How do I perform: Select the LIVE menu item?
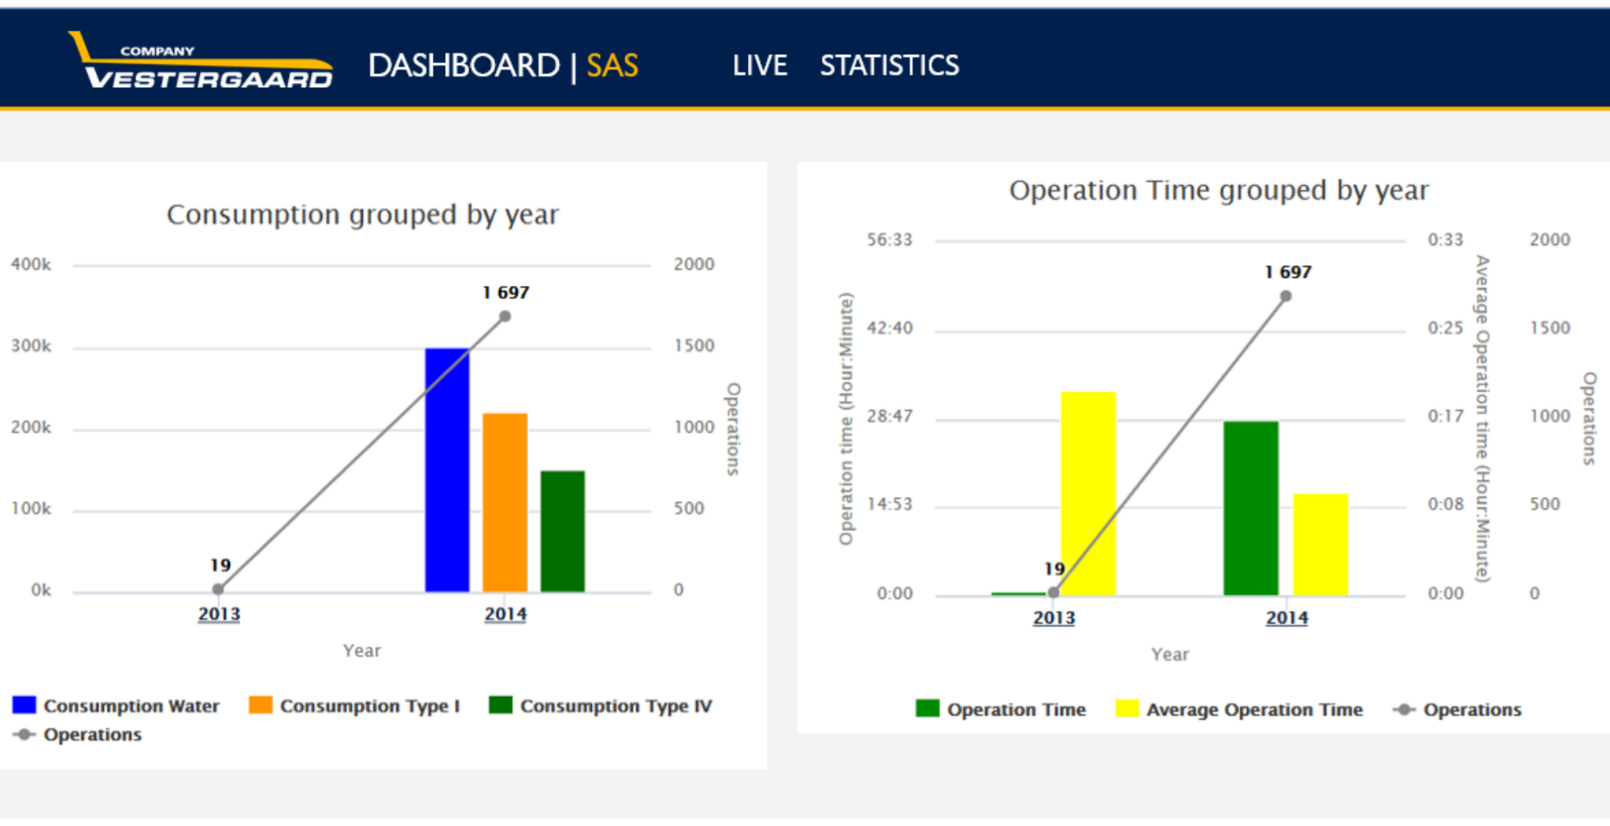click(x=759, y=65)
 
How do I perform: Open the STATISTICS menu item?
click(x=889, y=65)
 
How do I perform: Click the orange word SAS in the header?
click(x=612, y=65)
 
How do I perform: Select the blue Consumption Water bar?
click(x=447, y=471)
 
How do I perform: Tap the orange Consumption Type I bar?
click(x=505, y=503)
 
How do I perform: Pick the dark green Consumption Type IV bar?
click(x=562, y=531)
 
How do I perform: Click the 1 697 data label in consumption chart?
click(x=506, y=292)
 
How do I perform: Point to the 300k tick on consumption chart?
click(x=31, y=346)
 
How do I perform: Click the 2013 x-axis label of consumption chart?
click(x=219, y=614)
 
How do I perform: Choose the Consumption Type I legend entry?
click(x=355, y=706)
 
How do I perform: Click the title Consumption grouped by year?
click(x=362, y=215)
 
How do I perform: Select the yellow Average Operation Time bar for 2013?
click(x=1088, y=493)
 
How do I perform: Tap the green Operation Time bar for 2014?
click(x=1250, y=509)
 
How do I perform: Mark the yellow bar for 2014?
click(x=1320, y=544)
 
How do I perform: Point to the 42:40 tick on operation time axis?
click(x=890, y=328)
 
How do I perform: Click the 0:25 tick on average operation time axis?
click(x=1445, y=328)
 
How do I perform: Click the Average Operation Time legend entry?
click(x=1240, y=710)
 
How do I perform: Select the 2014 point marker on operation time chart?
click(x=1286, y=296)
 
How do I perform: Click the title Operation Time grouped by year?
click(x=1219, y=191)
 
